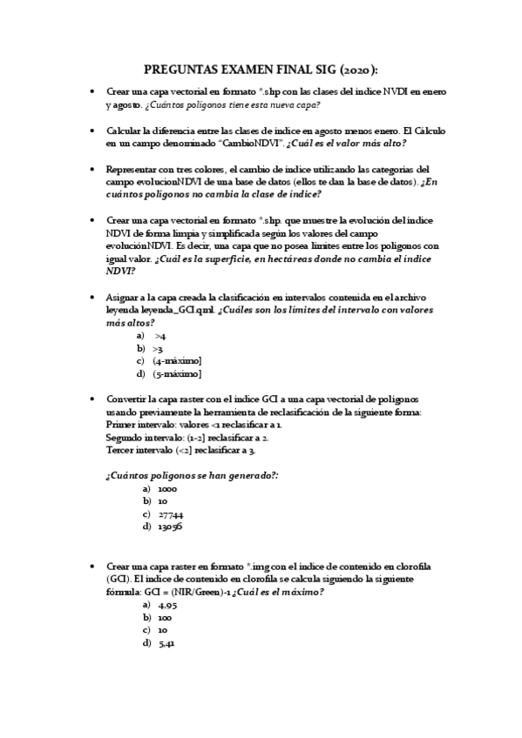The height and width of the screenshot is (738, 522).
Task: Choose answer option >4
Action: click(160, 335)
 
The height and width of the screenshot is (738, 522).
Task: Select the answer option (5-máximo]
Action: click(178, 373)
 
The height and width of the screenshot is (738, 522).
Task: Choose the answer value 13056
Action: click(171, 527)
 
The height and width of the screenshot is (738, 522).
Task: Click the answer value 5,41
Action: click(168, 643)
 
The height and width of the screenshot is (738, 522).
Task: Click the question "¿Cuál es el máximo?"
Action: click(279, 592)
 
